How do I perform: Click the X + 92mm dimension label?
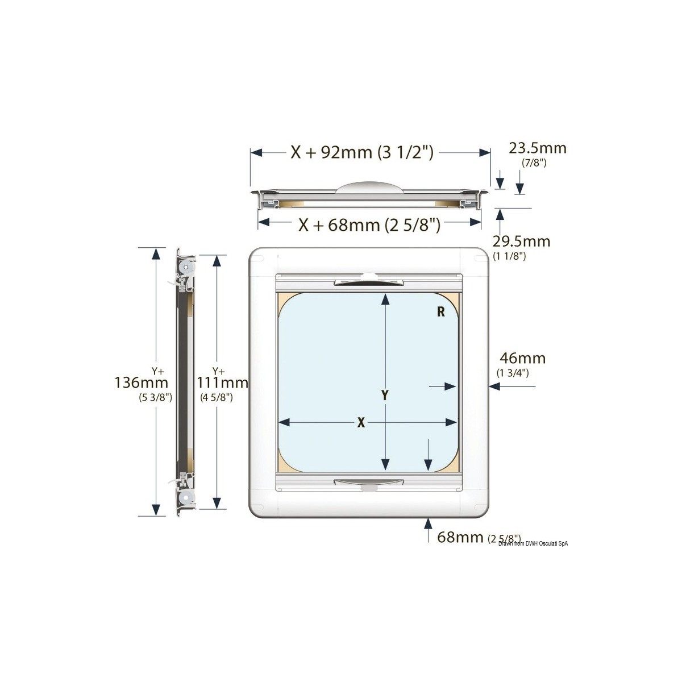click(x=362, y=152)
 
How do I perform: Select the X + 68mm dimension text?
click(x=369, y=225)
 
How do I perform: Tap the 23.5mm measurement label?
click(x=537, y=148)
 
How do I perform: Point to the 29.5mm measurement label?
click(x=521, y=241)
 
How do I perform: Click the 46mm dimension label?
click(x=522, y=358)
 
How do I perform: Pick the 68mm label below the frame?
click(x=460, y=537)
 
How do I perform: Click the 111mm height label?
click(x=223, y=382)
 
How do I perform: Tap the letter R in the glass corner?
click(x=440, y=311)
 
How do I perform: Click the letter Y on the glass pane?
click(x=385, y=396)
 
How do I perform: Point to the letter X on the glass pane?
click(x=361, y=422)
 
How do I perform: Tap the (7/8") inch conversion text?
click(x=534, y=163)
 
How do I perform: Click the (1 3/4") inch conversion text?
click(x=513, y=373)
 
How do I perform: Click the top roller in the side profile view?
click(x=188, y=267)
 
